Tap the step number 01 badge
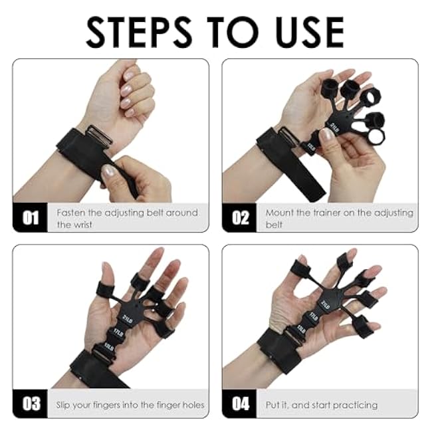(31, 218)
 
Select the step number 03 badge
(31, 404)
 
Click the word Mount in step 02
(280, 213)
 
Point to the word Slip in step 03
(66, 405)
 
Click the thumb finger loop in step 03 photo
(105, 289)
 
